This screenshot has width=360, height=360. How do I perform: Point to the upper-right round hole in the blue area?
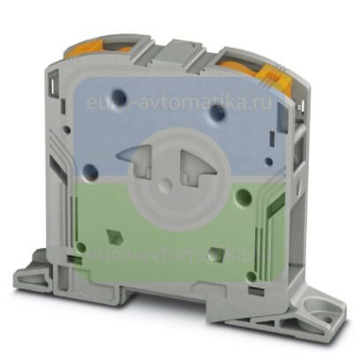pyautogui.click(x=212, y=113)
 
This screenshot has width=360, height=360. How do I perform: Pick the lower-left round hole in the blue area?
pyautogui.click(x=89, y=171)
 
